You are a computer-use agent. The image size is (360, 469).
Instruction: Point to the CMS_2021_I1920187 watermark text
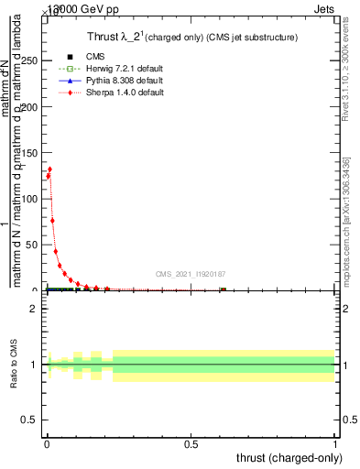tap(191, 273)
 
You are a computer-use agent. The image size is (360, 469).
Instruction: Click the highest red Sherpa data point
tap(49, 169)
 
